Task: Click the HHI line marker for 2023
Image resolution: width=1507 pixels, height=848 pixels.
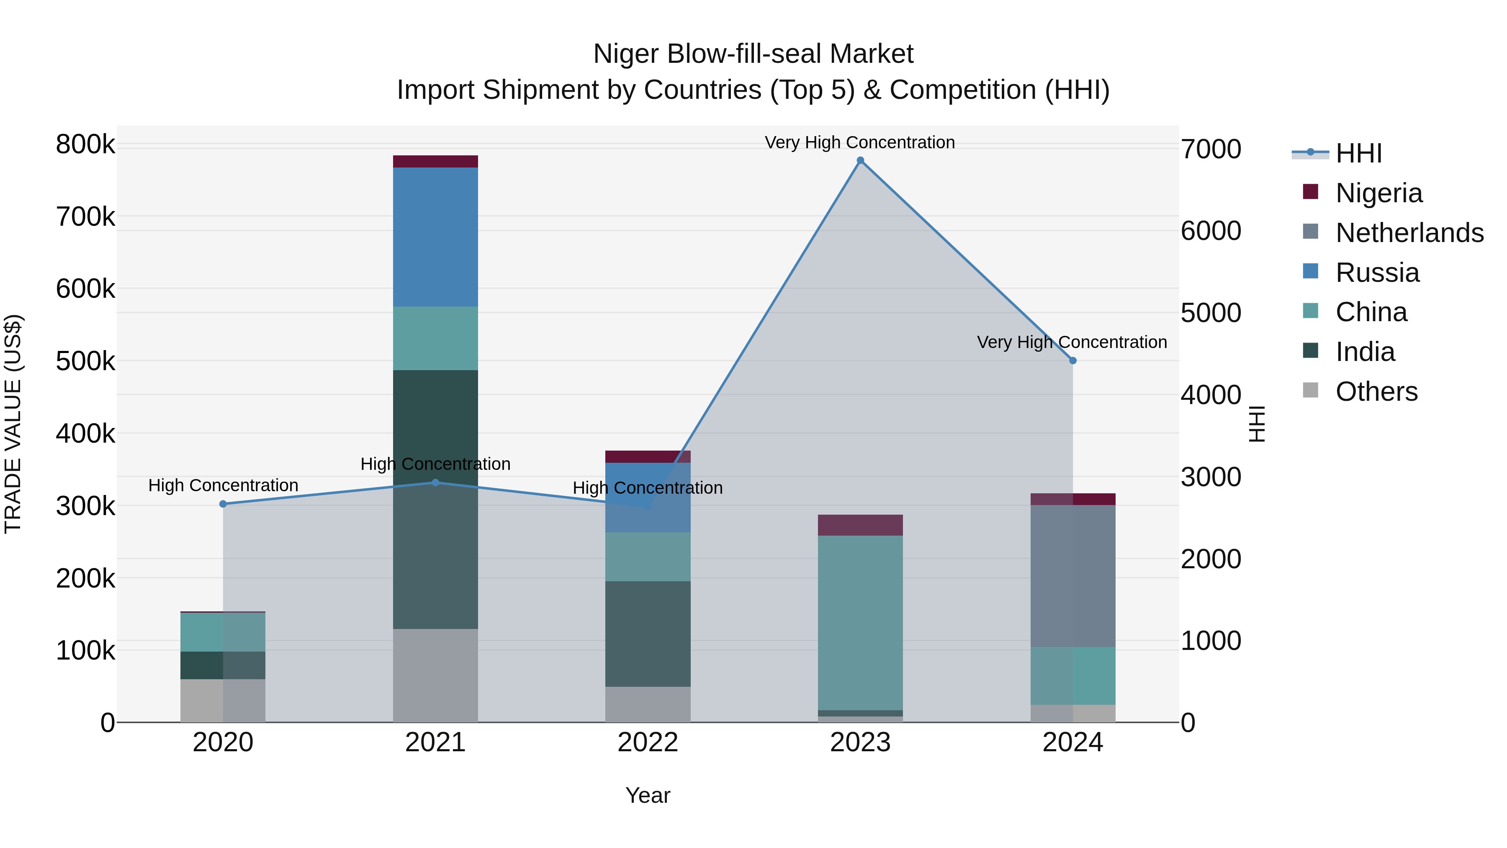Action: click(x=860, y=160)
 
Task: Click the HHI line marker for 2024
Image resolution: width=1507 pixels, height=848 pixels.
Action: click(x=1072, y=361)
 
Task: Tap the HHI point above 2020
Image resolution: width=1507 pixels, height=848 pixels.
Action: click(x=223, y=504)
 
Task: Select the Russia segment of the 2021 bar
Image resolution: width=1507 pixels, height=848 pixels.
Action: click(x=435, y=237)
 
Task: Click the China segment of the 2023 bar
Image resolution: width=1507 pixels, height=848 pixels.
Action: click(x=860, y=623)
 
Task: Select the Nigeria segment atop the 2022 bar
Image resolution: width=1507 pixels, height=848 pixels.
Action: click(x=648, y=456)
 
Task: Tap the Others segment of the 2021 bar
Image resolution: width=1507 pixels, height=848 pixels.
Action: click(x=435, y=675)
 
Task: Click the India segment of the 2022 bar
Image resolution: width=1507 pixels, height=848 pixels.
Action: click(x=648, y=634)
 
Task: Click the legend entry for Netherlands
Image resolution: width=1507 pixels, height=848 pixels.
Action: click(x=1409, y=233)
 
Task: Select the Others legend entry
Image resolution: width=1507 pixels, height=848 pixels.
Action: click(x=1376, y=392)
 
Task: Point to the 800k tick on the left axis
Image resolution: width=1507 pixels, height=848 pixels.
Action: click(x=85, y=144)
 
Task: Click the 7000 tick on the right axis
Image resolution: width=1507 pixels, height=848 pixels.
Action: click(x=1210, y=149)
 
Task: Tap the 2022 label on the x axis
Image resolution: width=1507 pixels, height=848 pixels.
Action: click(x=648, y=742)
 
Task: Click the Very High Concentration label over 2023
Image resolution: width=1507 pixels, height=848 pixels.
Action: click(x=859, y=142)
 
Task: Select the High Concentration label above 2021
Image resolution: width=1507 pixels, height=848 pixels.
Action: click(x=435, y=464)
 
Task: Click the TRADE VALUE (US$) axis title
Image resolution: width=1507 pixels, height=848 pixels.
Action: click(x=13, y=424)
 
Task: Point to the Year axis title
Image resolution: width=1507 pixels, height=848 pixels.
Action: click(x=648, y=795)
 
